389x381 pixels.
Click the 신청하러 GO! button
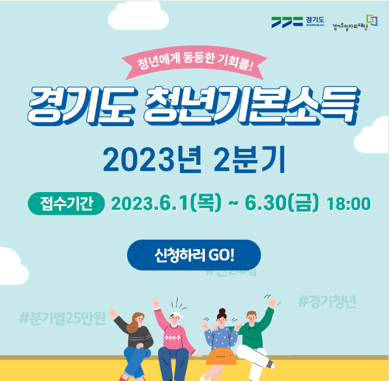point(194,255)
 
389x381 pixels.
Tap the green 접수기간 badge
point(65,203)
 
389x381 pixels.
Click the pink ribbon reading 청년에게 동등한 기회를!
point(194,63)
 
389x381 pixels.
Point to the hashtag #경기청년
point(327,302)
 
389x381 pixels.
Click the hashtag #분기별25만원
point(62,317)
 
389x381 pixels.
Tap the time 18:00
point(348,203)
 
